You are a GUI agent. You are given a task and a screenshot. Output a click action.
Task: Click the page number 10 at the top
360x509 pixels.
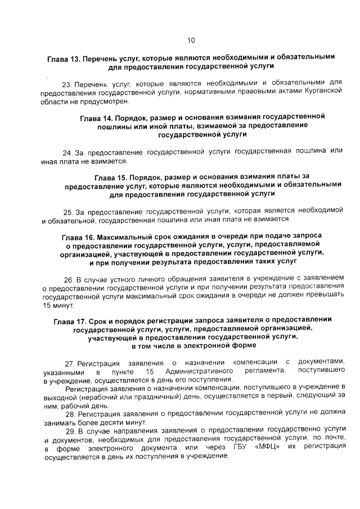[x=191, y=40]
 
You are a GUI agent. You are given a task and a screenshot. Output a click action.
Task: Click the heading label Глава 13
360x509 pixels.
[x=65, y=57]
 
